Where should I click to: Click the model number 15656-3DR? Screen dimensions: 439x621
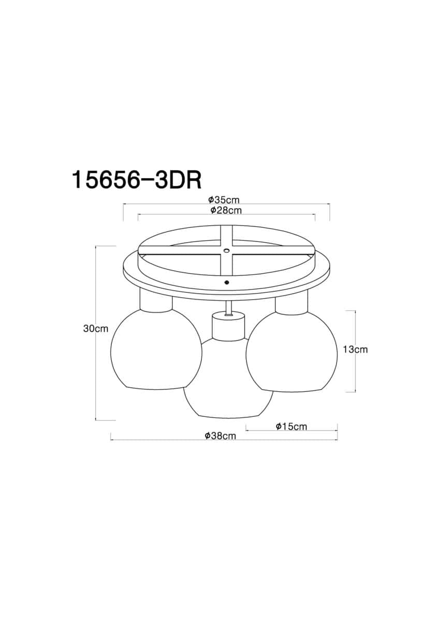coord(137,180)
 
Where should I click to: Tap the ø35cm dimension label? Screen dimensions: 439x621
coord(224,200)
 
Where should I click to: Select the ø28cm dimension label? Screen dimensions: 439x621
coord(226,211)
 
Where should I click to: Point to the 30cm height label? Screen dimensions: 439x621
coord(96,329)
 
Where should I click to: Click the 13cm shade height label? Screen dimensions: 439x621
coord(355,350)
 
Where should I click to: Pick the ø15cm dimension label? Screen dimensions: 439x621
coord(291,426)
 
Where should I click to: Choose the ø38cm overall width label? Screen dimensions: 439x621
coord(220,436)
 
